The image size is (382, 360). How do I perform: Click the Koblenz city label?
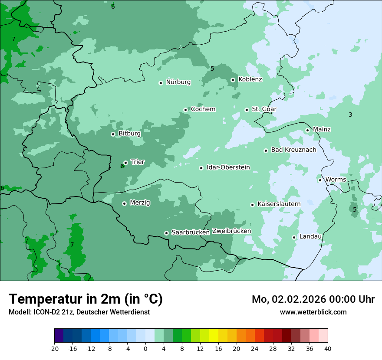(x=250, y=79)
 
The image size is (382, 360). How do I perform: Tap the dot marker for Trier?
(x=125, y=163)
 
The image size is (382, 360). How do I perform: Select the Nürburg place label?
(x=178, y=82)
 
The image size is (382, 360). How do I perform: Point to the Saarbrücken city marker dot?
(x=166, y=233)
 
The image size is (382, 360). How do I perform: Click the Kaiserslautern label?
(x=279, y=204)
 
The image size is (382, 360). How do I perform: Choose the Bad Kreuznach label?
(x=293, y=150)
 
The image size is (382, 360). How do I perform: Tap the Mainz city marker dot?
(x=307, y=130)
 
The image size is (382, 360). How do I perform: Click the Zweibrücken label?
(x=231, y=231)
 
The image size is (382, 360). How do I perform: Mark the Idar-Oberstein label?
(x=228, y=167)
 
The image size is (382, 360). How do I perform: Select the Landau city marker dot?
(x=294, y=237)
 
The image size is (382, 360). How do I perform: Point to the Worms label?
(x=336, y=180)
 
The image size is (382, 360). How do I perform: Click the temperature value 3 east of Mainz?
(x=350, y=115)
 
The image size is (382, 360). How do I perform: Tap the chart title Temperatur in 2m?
(x=86, y=299)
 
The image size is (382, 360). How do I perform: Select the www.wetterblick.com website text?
(x=313, y=312)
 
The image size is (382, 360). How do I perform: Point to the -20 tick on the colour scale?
(x=54, y=348)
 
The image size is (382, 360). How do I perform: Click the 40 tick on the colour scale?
(x=328, y=348)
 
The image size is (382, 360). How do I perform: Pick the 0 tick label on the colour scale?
(x=145, y=348)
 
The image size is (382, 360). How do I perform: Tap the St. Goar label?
(x=264, y=109)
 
